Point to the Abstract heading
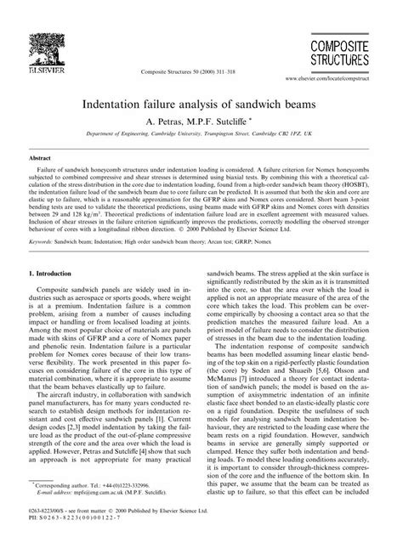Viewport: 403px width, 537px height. coord(41,159)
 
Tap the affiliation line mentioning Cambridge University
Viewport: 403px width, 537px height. coord(201,136)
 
